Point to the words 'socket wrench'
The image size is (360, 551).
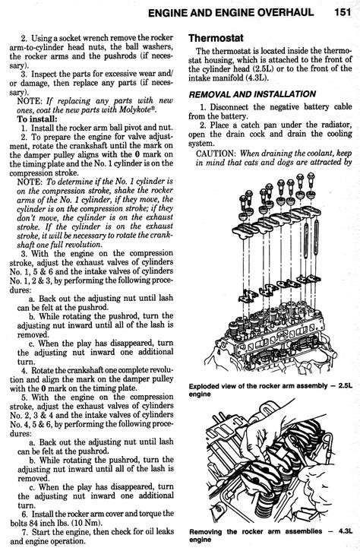pyautogui.click(x=78, y=37)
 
